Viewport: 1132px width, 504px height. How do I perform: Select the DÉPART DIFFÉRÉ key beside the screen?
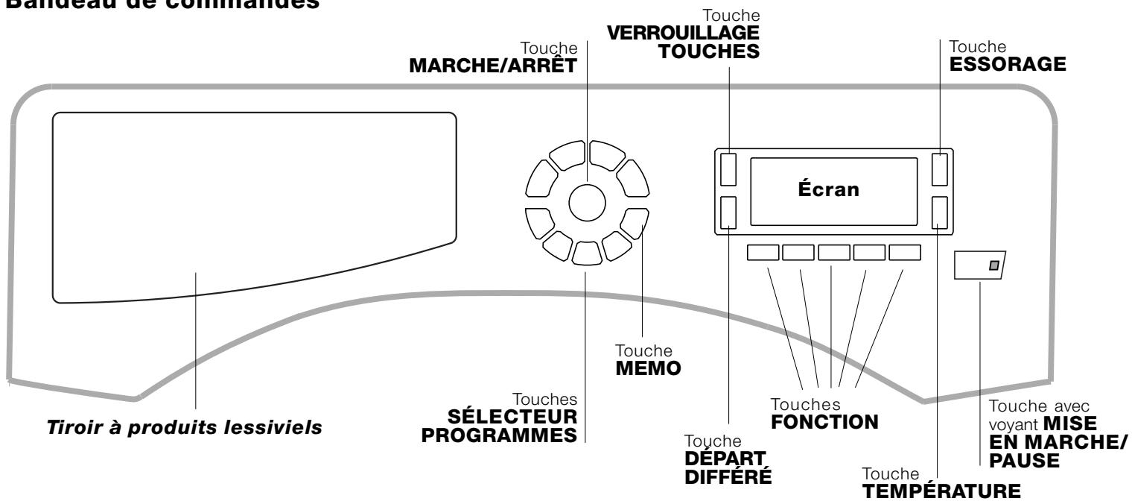(728, 212)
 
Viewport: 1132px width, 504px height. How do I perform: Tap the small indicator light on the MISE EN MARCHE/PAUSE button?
(993, 265)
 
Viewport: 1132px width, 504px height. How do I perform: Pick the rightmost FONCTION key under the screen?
(905, 252)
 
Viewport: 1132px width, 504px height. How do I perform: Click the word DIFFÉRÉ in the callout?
(728, 478)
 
